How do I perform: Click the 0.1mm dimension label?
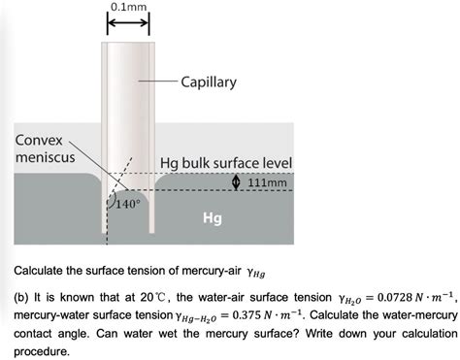tap(128, 8)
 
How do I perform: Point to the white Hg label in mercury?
tap(212, 218)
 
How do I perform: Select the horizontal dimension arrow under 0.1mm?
tap(128, 26)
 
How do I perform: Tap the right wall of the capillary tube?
tap(151, 136)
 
